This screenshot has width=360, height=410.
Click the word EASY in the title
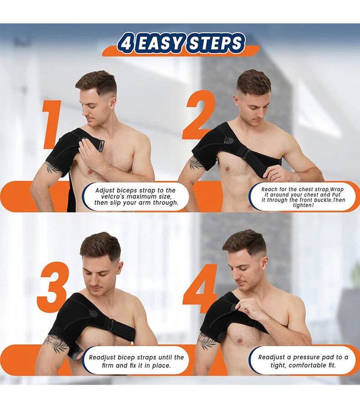[159, 43]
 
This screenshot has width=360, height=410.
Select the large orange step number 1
[51, 125]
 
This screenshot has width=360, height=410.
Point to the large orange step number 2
[199, 115]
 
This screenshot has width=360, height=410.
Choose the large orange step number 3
[53, 287]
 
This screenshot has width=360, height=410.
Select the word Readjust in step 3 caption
[105, 357]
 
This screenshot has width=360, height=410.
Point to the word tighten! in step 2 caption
[303, 205]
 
